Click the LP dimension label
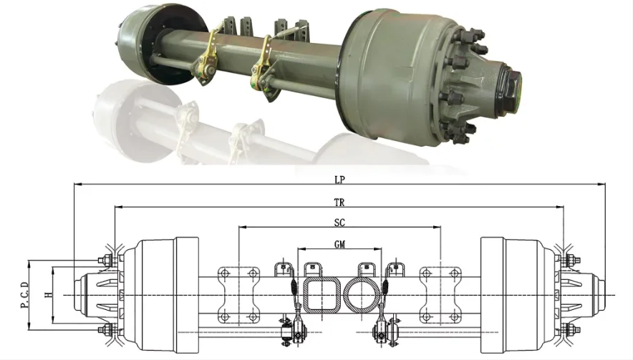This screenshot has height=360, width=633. coord(340,180)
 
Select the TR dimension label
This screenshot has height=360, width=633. coord(339,203)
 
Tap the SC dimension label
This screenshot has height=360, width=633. coord(340,223)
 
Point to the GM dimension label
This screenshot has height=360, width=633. coord(340,244)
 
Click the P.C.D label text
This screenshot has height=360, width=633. coord(24,296)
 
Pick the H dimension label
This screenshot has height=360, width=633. coord(49,295)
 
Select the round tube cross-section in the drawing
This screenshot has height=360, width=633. coord(362,295)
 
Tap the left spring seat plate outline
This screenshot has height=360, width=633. coord(238,295)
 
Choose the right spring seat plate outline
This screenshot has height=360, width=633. coord(440,295)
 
